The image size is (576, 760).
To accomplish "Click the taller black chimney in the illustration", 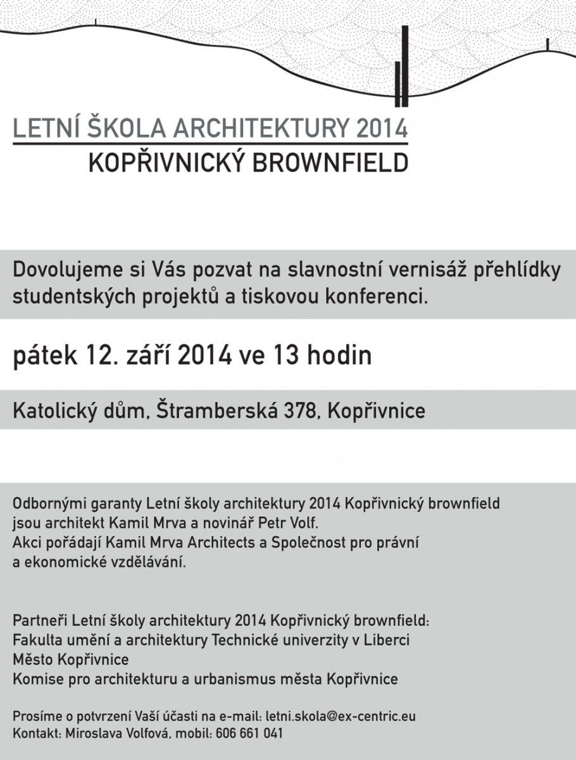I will (404, 66).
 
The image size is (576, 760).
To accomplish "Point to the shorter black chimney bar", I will (398, 84).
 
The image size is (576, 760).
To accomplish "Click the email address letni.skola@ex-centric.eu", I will (341, 716).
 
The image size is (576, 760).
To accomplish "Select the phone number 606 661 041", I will (249, 733).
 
